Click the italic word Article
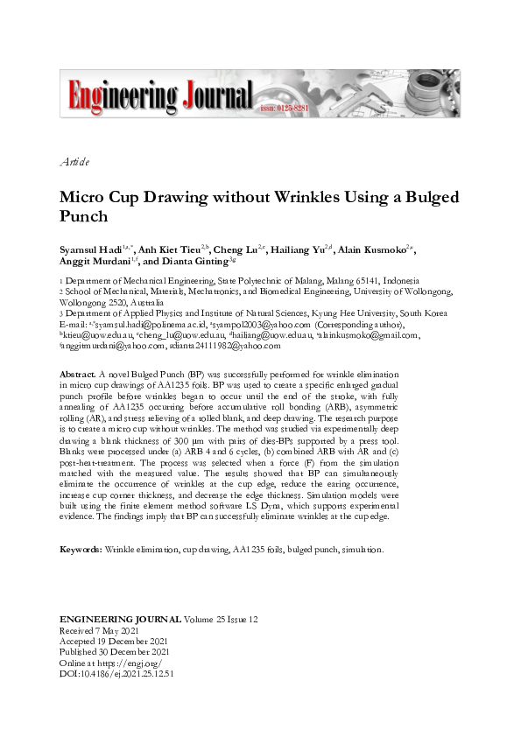pyautogui.click(x=74, y=162)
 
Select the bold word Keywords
pyautogui.click(x=81, y=549)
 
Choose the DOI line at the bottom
pyautogui.click(x=116, y=674)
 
